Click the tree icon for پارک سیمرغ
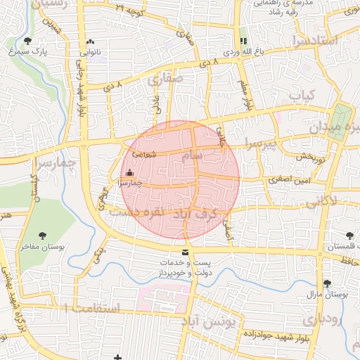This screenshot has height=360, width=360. (x=27, y=41)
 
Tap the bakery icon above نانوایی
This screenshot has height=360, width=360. (x=91, y=41)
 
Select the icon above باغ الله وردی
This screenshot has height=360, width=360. (x=243, y=41)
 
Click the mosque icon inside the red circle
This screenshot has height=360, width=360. (x=129, y=173)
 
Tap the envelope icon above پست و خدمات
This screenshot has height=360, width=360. (x=185, y=252)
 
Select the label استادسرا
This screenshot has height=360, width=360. (x=313, y=41)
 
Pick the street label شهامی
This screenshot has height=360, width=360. (x=143, y=156)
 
